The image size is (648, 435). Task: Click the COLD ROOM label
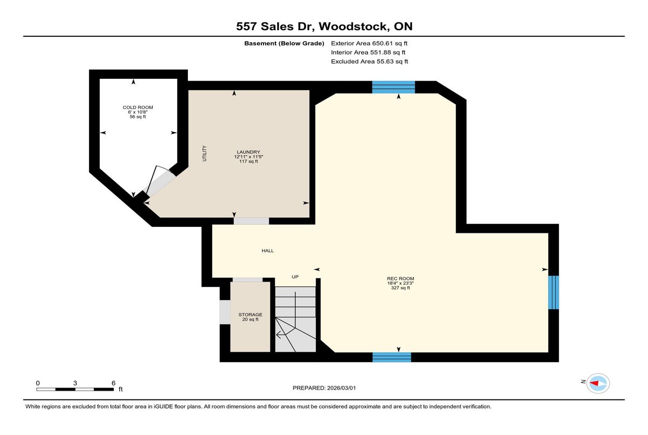coord(138,108)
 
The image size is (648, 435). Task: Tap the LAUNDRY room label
coord(248,152)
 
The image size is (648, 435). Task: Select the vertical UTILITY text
coord(205,153)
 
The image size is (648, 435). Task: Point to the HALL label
coord(268,251)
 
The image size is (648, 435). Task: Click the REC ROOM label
coord(400,279)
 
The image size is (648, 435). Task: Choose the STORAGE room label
coord(250,314)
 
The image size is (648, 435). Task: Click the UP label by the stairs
coord(295,277)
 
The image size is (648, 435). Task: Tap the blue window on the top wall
coord(394,87)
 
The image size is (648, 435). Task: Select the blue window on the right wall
coord(553,292)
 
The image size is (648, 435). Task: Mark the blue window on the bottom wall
coord(391,357)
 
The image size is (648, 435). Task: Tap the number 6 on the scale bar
coord(113,383)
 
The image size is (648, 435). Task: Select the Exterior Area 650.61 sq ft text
coord(369,43)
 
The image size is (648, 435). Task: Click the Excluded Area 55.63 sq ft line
coord(369,62)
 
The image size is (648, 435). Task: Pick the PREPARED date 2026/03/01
coord(341,388)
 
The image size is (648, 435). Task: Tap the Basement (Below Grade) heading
coord(284,43)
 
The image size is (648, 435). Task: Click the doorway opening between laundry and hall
coord(252,221)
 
